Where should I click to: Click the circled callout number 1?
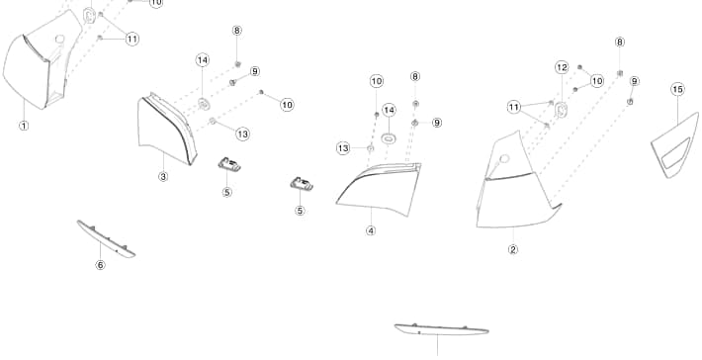pos(24,126)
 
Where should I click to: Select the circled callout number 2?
pos(513,249)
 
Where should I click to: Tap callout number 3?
pos(163,176)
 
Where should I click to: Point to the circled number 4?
pos(371,230)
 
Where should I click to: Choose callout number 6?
pos(100,265)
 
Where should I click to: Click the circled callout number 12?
pos(562,67)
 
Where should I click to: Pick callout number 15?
pos(678,89)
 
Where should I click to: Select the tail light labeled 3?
pos(166,130)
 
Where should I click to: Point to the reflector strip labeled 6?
pos(106,239)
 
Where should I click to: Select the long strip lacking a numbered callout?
pos(441,330)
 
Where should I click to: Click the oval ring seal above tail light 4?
pos(389,138)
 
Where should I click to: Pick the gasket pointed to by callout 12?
pos(561,109)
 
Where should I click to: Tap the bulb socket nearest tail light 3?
pos(229,164)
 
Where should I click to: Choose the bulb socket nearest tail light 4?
pos(302,184)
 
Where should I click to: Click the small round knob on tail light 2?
pos(504,158)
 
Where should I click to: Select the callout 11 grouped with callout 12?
pos(513,108)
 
